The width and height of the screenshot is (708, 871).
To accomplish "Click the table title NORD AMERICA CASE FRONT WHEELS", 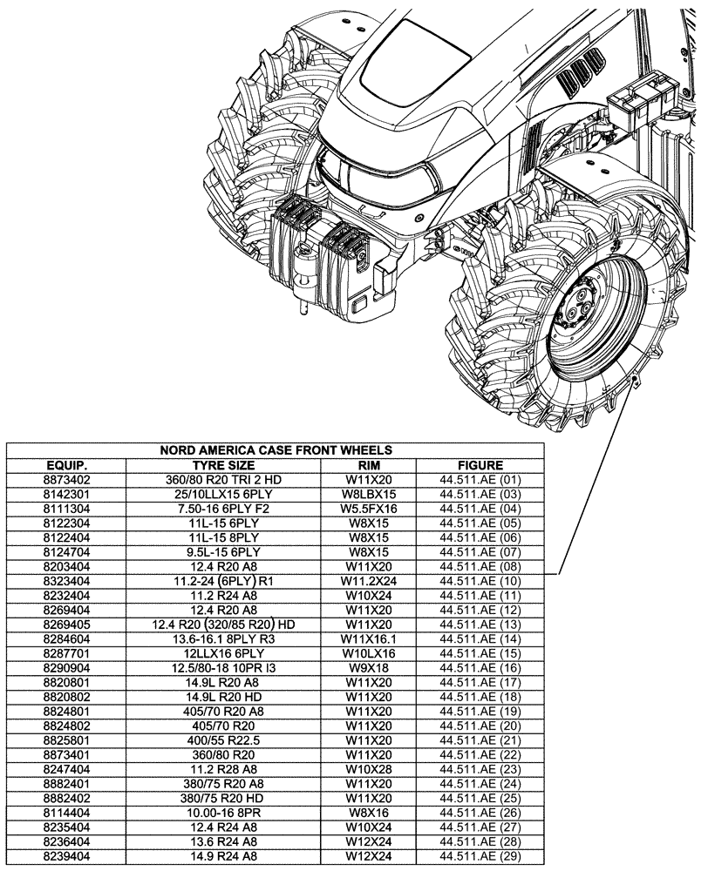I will click(x=276, y=450).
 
